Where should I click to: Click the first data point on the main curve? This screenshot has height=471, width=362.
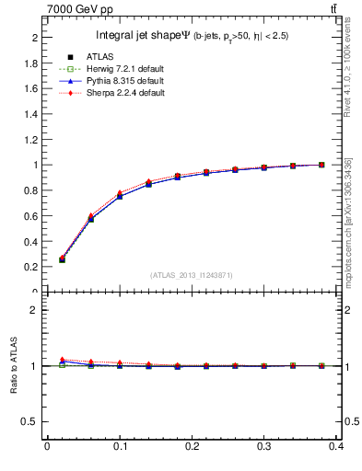[62, 259]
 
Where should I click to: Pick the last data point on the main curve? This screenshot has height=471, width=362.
[321, 165]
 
